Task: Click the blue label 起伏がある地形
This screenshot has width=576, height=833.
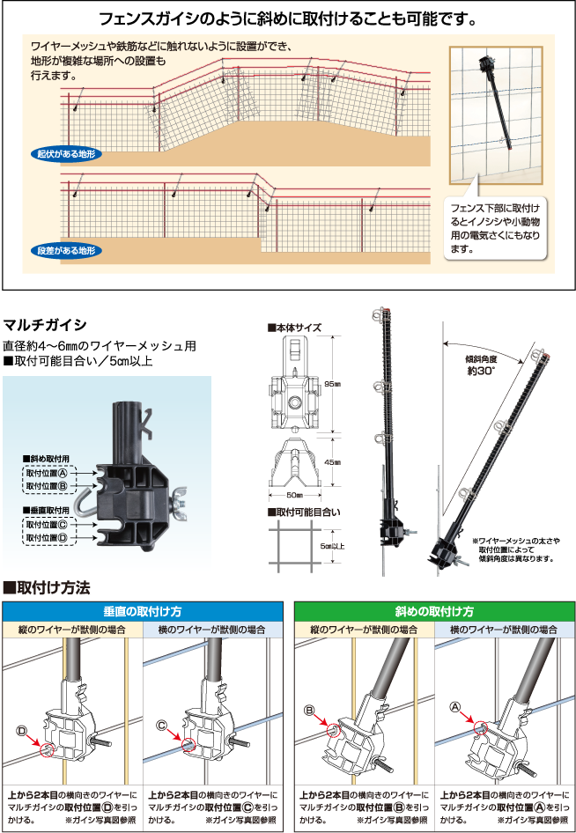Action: click(66, 154)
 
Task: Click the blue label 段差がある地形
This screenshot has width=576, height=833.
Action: click(66, 250)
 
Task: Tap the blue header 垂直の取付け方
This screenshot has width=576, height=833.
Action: click(143, 611)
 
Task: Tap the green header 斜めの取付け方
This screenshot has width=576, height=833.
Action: click(434, 611)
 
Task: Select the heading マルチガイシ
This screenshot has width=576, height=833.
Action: click(45, 325)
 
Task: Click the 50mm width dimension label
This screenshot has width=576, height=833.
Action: click(294, 495)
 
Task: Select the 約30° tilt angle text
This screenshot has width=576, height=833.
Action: click(481, 372)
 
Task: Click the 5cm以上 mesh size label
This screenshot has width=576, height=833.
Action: click(332, 546)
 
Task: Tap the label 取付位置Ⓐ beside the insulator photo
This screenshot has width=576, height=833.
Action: click(47, 473)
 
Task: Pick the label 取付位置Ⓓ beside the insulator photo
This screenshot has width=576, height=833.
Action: click(47, 538)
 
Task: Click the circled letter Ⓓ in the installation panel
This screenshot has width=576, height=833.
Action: click(22, 732)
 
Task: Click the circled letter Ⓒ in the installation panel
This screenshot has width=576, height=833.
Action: click(162, 726)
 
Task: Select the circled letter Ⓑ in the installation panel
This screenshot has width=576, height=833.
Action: click(310, 711)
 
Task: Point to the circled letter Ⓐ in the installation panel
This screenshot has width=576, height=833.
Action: click(454, 706)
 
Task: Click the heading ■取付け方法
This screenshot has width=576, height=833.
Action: click(47, 587)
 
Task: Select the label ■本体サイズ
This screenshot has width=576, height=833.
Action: click(294, 328)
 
